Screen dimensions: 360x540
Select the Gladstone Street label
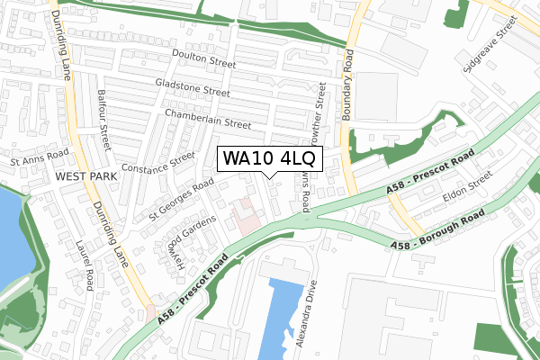tap(192, 91)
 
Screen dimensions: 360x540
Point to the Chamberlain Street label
tap(207, 118)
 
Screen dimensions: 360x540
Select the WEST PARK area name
tap(85, 177)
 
